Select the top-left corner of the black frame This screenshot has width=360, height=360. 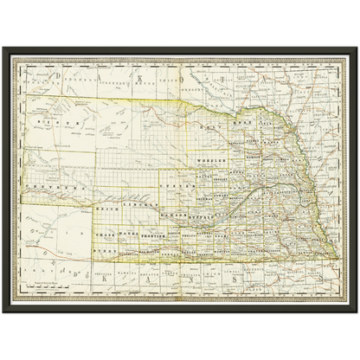(x=3, y=46)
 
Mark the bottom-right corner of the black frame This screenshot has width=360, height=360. (x=357, y=313)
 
